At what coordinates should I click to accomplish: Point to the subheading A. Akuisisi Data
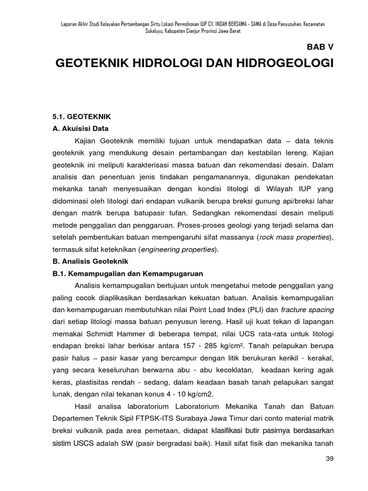tap(80, 129)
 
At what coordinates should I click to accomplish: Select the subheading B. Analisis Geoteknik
tap(88, 261)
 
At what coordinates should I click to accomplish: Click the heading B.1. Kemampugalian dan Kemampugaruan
tap(127, 273)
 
